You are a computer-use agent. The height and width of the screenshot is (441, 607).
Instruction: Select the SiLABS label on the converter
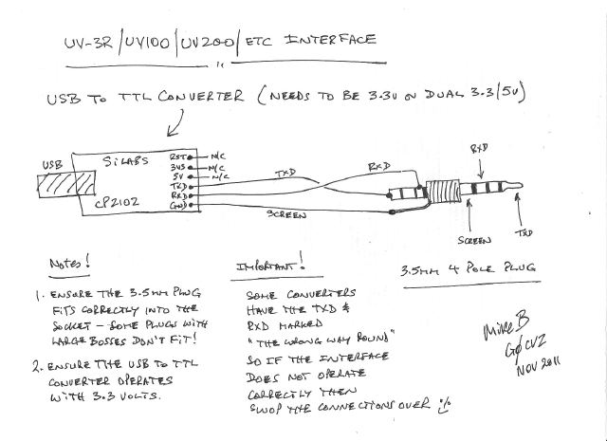pyautogui.click(x=133, y=158)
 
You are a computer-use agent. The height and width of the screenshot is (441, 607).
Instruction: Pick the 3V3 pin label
pyautogui.click(x=176, y=165)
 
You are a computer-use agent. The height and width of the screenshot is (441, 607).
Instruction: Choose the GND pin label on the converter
pyautogui.click(x=177, y=203)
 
